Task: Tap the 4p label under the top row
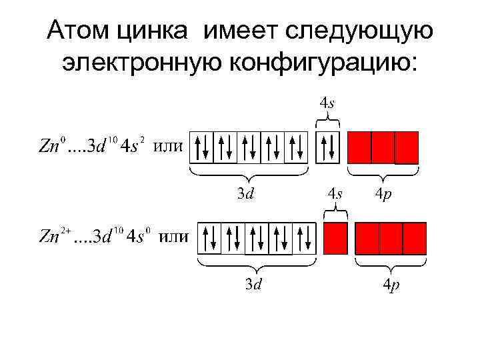click(383, 194)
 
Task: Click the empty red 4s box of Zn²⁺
click(335, 238)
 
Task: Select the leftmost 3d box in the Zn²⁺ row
click(210, 238)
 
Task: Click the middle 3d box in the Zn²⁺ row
click(257, 238)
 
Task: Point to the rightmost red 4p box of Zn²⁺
click(414, 238)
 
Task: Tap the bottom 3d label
click(253, 285)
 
